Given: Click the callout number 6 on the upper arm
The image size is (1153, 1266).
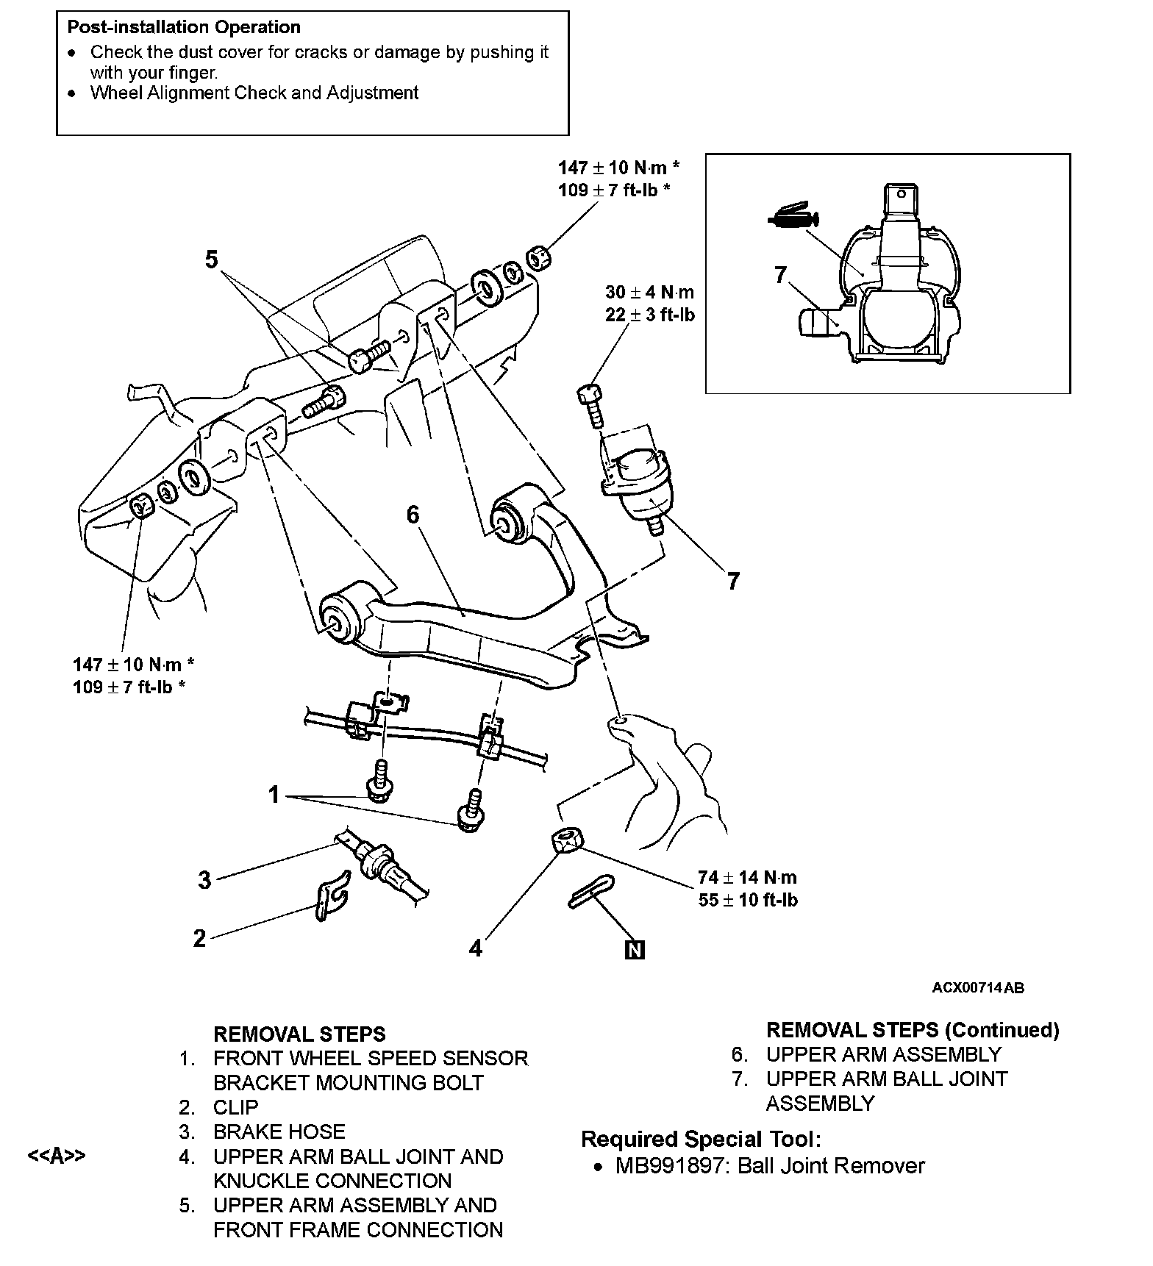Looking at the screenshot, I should point(413,515).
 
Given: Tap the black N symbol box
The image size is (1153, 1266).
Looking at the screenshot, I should point(634,950).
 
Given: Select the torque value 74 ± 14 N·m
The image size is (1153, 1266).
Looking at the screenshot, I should point(747,877).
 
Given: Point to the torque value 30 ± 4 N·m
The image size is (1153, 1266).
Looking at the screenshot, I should point(649,293).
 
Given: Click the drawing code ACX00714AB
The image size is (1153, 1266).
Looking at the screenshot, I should point(978,987).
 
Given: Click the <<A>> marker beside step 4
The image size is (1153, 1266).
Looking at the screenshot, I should point(57,1156).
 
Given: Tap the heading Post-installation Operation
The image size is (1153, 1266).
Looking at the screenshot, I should point(184,27).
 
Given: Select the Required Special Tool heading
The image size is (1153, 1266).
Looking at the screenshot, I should point(701,1140).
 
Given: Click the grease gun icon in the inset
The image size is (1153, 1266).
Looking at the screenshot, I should point(793,215).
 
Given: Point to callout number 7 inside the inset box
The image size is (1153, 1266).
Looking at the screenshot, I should point(781,275).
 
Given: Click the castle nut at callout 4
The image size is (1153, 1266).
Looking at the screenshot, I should point(565,840).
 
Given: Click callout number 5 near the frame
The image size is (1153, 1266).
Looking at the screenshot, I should point(212,260).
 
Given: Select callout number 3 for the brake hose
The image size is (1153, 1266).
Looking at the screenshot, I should point(204,879).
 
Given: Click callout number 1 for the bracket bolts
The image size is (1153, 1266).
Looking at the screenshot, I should point(274,795).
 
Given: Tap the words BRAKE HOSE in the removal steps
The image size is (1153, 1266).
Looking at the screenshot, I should point(279,1132).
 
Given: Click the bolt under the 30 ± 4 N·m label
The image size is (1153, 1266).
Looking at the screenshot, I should point(593,405).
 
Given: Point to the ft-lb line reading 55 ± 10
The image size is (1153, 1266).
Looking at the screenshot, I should point(748,900).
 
